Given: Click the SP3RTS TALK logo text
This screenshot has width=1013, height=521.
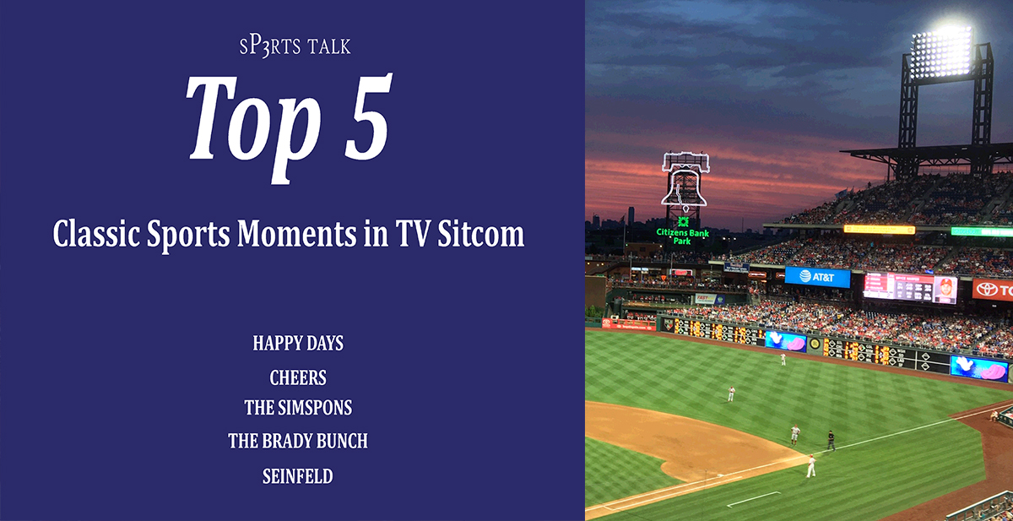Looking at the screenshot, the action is pos(295,47).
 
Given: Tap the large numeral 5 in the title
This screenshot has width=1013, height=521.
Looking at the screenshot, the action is pos(368,117).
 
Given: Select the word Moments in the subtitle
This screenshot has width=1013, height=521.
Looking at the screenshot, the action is pos(296,233).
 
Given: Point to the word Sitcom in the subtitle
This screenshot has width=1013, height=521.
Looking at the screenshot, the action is pos(480,233).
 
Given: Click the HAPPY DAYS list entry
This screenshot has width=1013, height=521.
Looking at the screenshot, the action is pos(298,344).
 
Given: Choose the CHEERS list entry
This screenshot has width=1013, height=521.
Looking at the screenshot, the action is pos(298,377).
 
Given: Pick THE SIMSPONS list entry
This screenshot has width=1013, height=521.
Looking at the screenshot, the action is pos(298,408).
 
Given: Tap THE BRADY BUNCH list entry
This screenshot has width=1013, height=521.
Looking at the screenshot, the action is pos(298,441).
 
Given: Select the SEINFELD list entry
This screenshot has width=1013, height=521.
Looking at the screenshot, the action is pos(298,476).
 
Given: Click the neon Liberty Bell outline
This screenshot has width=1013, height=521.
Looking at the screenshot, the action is pos(685,181).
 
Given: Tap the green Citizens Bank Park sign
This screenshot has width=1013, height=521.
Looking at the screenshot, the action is pos(682,232).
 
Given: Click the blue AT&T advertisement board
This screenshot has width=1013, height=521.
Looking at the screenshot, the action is pos(817,277).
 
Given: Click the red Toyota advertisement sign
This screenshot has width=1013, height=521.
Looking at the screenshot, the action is pos(993,290).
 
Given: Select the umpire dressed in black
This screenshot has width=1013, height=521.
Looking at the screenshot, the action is pos(831,440).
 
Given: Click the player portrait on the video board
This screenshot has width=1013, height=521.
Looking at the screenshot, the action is pos(945,290).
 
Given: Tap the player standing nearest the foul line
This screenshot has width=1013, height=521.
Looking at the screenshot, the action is pos(811,466).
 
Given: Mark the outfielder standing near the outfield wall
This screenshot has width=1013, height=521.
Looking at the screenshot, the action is pos(783,359).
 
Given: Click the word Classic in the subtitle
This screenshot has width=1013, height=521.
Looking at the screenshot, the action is pos(96,233).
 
